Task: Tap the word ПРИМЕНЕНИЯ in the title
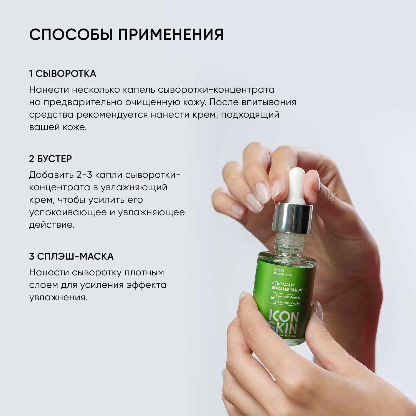(171, 35)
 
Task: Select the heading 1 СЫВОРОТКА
(63, 74)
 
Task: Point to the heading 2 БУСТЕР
(50, 159)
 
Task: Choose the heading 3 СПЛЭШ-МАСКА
(71, 256)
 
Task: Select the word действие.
(52, 225)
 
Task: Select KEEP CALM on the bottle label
(283, 284)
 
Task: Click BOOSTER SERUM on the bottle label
(287, 289)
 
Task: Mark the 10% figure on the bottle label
(273, 298)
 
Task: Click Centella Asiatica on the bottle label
(289, 297)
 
